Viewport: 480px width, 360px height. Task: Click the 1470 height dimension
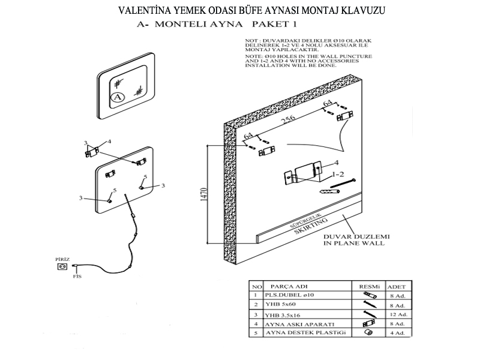click(x=205, y=196)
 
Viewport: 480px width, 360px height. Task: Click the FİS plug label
click(x=77, y=277)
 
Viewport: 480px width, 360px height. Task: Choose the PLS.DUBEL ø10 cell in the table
click(x=292, y=296)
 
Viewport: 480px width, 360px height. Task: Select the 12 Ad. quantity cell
click(x=398, y=314)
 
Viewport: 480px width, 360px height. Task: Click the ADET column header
click(x=397, y=286)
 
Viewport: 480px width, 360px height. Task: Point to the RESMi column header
click(x=368, y=286)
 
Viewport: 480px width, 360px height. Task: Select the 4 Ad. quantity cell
click(x=398, y=332)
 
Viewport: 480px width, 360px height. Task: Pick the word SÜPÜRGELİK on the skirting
click(x=307, y=220)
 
